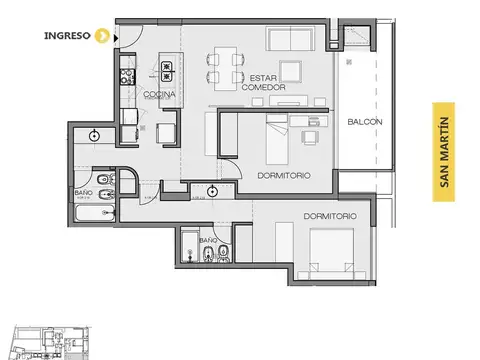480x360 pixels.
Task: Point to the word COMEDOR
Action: tap(264, 88)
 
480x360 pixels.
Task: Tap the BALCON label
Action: tap(363, 123)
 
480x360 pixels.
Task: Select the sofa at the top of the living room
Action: tap(292, 39)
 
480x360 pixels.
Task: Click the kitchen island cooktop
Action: tap(164, 69)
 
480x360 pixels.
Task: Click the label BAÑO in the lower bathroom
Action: tap(208, 241)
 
